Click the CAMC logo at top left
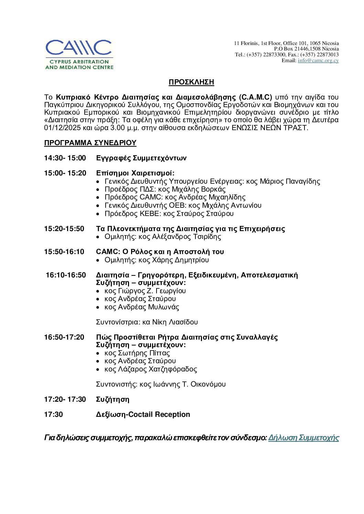79,54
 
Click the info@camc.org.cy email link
318,60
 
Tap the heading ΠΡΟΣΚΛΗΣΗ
191,82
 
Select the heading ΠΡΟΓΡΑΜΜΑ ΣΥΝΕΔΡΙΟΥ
90,143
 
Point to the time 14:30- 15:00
65,158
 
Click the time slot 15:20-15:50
64,229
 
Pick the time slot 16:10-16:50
66,275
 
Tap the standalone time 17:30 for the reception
53,414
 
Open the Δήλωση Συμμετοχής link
303,438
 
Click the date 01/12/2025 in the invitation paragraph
63,128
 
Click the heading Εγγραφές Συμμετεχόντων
141,158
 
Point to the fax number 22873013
328,55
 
